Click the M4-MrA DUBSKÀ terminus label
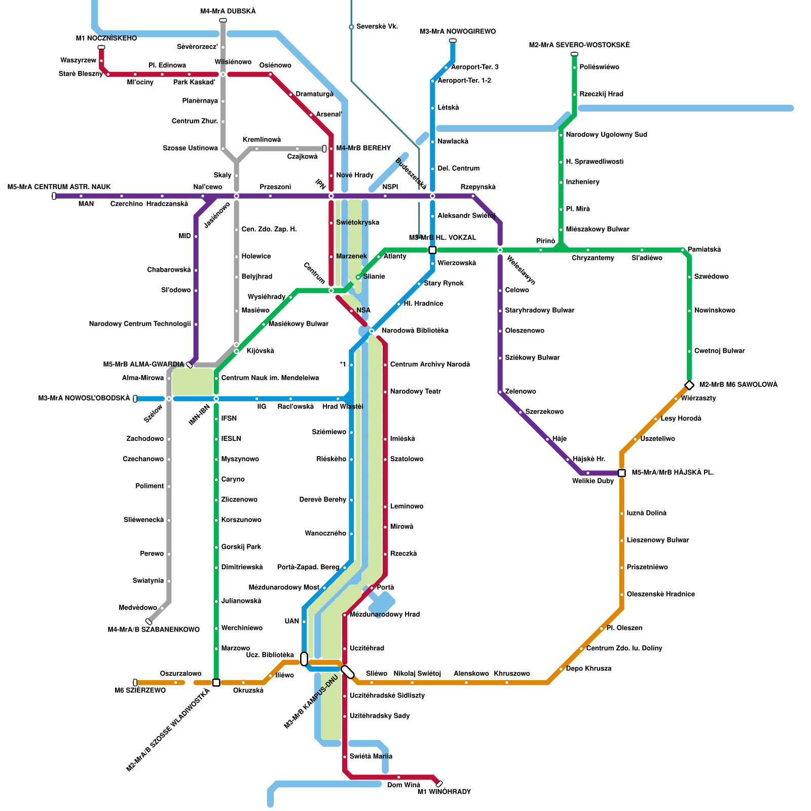[x=228, y=11]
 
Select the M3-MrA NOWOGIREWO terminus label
[x=457, y=31]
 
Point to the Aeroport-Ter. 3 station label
[x=474, y=67]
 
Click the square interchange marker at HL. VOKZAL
[x=432, y=250]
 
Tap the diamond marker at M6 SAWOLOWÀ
[x=689, y=385]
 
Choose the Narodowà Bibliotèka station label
[x=415, y=330]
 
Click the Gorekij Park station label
[x=241, y=547]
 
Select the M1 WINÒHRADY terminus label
[x=444, y=792]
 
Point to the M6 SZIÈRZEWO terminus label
[x=140, y=690]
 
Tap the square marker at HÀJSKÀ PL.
[x=621, y=473]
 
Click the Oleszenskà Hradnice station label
[x=660, y=594]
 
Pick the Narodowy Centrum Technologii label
[x=139, y=324]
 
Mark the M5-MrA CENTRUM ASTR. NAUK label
[x=59, y=187]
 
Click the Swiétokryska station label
[x=357, y=223]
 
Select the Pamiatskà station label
[x=704, y=249]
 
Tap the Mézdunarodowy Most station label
[x=284, y=587]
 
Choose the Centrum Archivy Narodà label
[x=430, y=364]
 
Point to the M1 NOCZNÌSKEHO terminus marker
[x=101, y=47]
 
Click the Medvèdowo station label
[x=137, y=608]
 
